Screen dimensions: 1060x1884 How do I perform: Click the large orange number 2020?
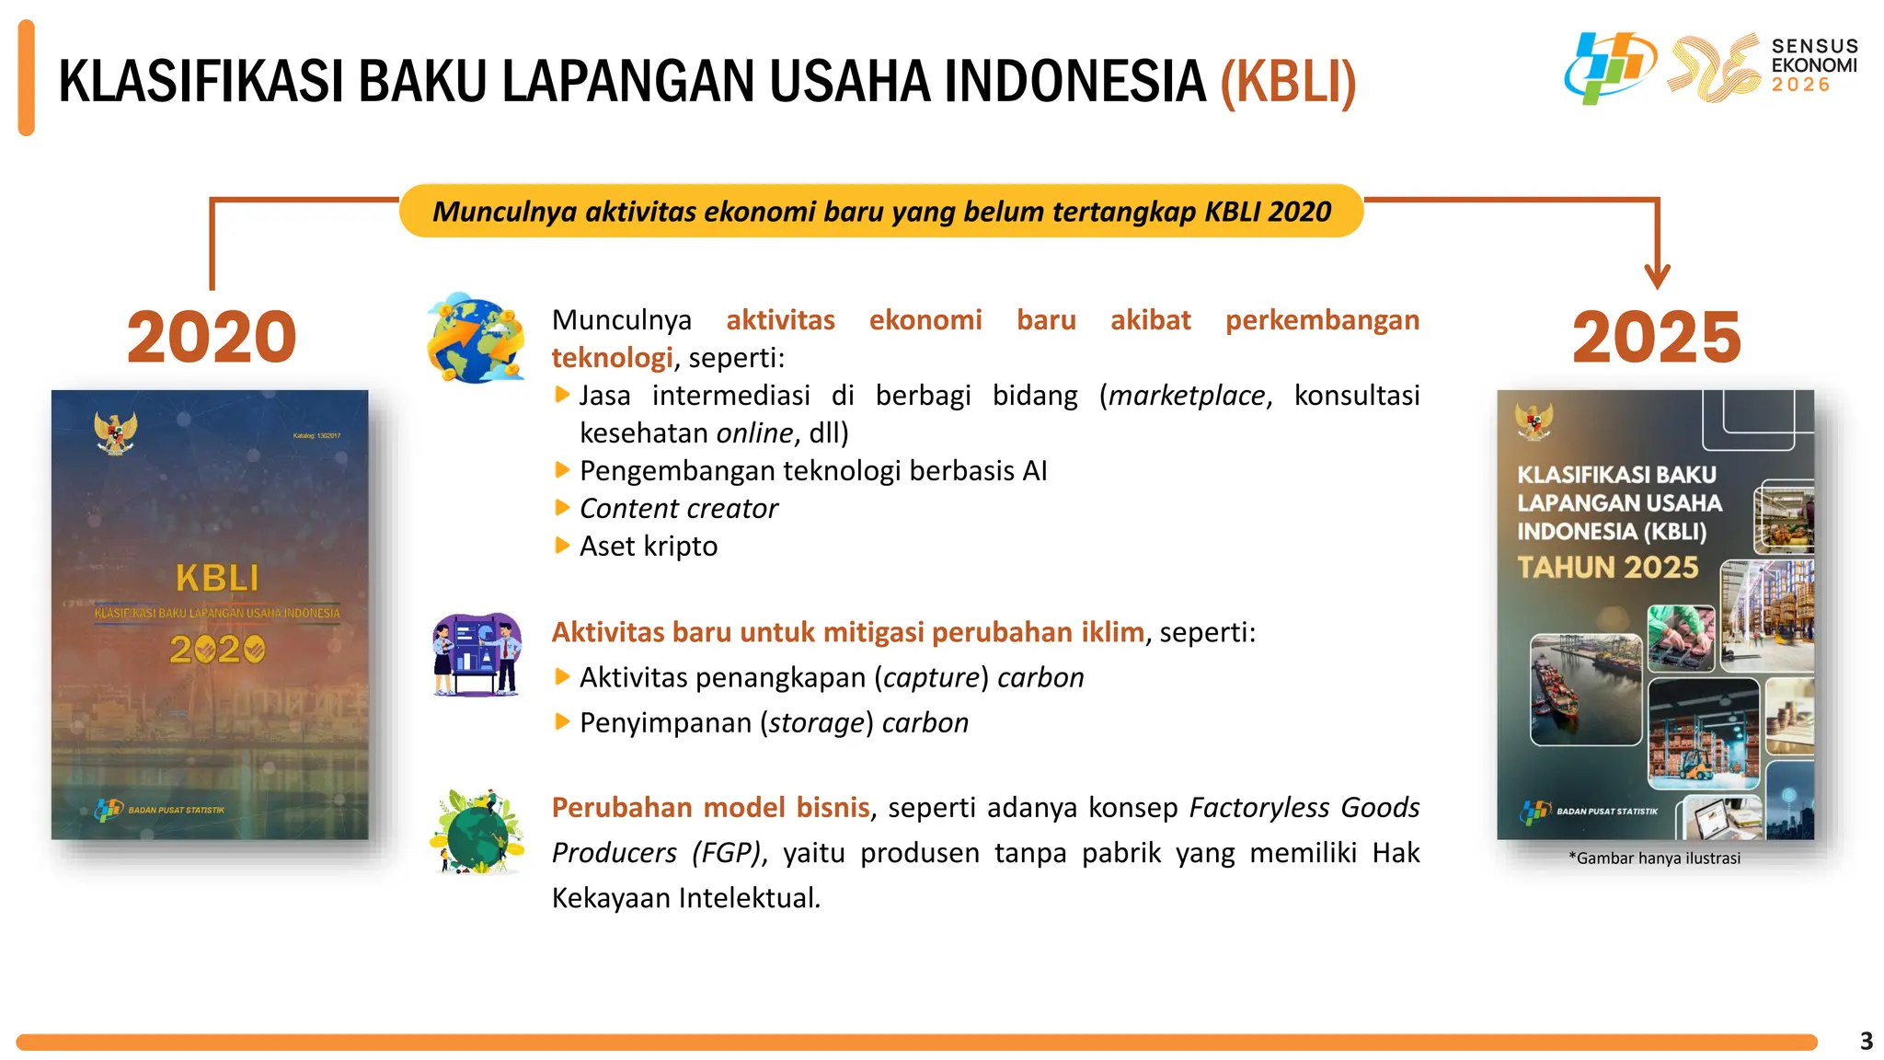(x=212, y=337)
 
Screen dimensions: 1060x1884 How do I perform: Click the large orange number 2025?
(x=1656, y=337)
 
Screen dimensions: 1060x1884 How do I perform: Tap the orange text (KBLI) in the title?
(x=1288, y=82)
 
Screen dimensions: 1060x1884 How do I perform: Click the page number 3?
(x=1866, y=1041)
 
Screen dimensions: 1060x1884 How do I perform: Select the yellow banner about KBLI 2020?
(x=881, y=212)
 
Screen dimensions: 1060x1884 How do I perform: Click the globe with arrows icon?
(x=476, y=339)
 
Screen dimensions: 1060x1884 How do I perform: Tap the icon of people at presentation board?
(x=477, y=654)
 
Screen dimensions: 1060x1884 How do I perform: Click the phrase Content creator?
(x=678, y=508)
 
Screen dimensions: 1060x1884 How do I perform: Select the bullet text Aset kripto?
(x=648, y=546)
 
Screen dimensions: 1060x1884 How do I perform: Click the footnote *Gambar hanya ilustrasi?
(x=1654, y=858)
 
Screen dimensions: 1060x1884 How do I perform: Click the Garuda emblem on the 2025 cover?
(x=1534, y=422)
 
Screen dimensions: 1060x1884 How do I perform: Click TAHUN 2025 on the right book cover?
(x=1607, y=567)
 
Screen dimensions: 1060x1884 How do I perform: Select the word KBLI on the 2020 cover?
(x=217, y=579)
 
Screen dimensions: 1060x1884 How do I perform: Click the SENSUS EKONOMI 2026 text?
(x=1813, y=65)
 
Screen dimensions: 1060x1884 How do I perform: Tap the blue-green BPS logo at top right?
(x=1609, y=67)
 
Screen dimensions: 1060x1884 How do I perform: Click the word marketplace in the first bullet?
(x=1187, y=395)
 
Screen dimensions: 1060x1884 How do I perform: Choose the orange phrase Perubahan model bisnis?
(x=710, y=807)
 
